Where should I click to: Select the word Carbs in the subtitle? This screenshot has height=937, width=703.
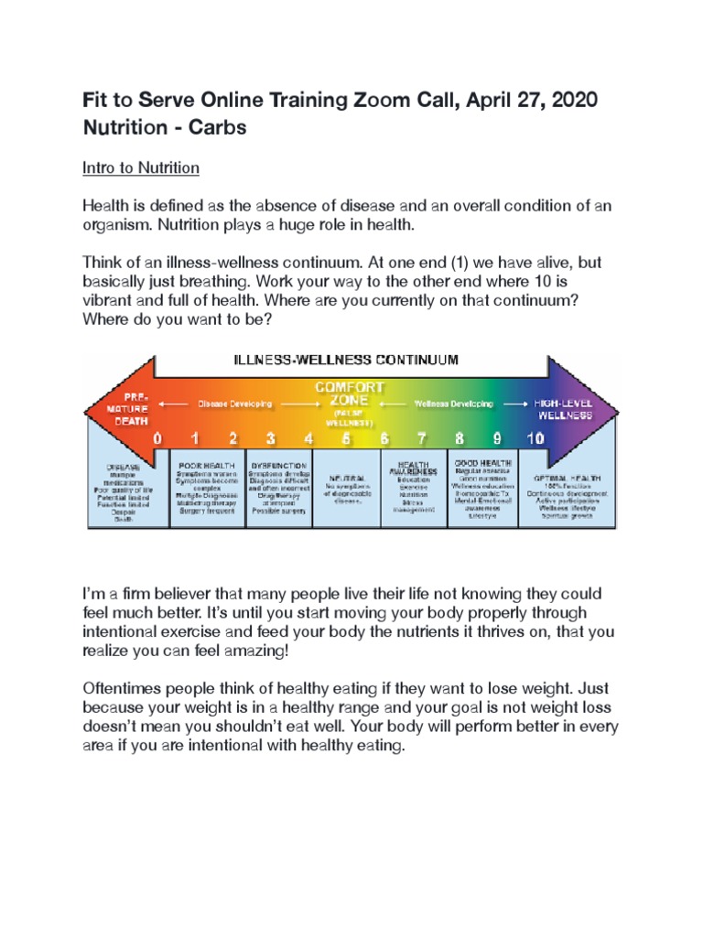coord(218,127)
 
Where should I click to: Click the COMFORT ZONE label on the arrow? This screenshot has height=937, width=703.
coord(343,394)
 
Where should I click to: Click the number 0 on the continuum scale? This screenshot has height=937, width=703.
coord(157,438)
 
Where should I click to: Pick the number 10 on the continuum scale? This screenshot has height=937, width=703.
coord(535,438)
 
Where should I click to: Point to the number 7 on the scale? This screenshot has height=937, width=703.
coord(422,438)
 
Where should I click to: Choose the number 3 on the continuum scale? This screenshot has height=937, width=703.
coord(271,438)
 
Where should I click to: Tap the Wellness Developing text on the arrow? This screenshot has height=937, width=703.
coord(454,403)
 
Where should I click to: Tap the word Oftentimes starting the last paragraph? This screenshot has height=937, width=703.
coord(131,687)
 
